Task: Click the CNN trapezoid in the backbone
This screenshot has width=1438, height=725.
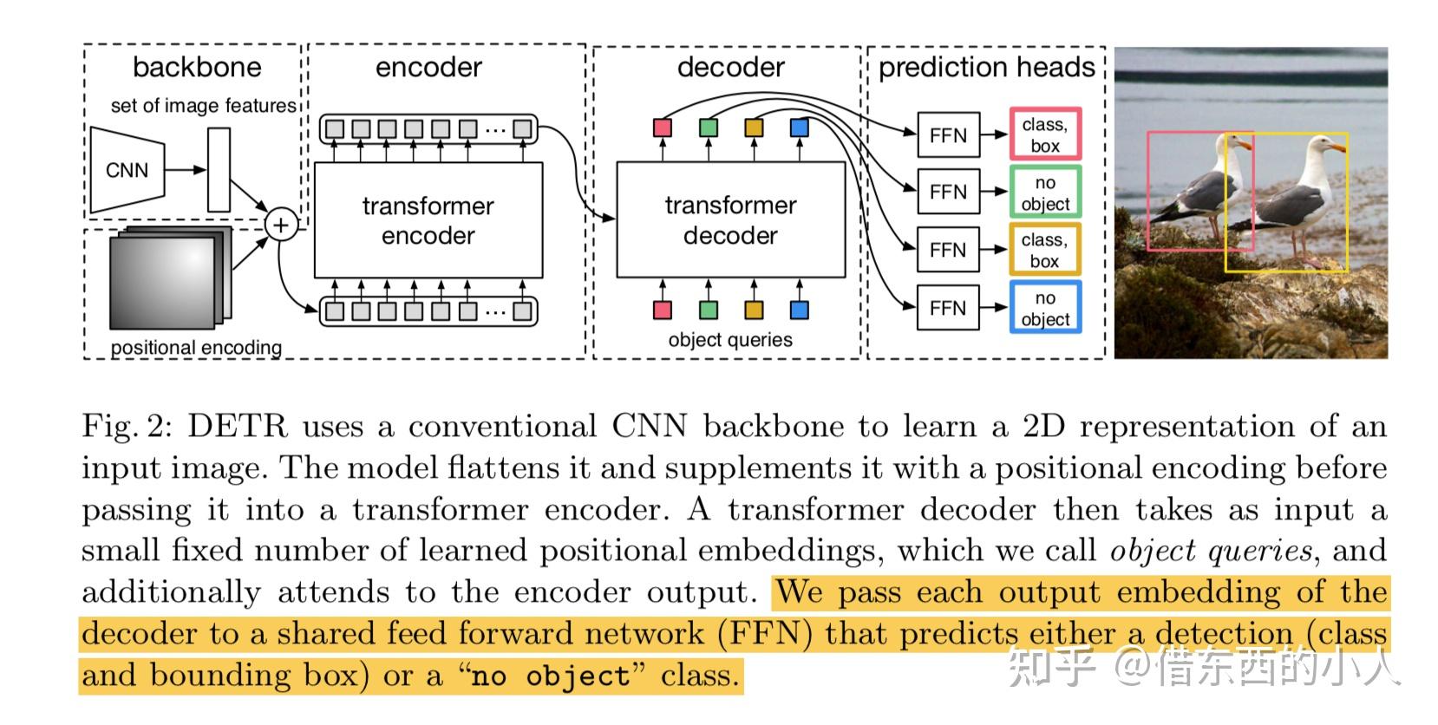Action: pos(127,170)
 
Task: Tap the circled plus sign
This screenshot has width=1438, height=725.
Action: pos(280,225)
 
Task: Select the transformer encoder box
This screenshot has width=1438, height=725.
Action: pos(428,220)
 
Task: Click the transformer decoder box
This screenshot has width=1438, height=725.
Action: pos(730,220)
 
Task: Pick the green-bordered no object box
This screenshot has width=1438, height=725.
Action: pos(1045,193)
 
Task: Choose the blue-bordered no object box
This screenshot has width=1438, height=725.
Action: pos(1045,308)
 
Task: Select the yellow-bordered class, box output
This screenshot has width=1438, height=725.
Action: pos(1045,250)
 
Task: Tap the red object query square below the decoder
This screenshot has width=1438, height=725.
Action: pos(663,310)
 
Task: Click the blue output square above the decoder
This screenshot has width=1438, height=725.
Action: pos(800,128)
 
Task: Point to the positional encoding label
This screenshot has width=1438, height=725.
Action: pos(196,348)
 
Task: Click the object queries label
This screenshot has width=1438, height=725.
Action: pos(730,340)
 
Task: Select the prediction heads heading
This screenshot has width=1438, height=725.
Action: pos(986,68)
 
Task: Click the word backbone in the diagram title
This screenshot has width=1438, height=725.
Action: pos(197,68)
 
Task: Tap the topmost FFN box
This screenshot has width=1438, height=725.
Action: pos(948,135)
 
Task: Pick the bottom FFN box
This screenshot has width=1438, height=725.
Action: pos(948,308)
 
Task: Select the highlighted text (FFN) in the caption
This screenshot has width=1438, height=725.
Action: pos(765,634)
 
